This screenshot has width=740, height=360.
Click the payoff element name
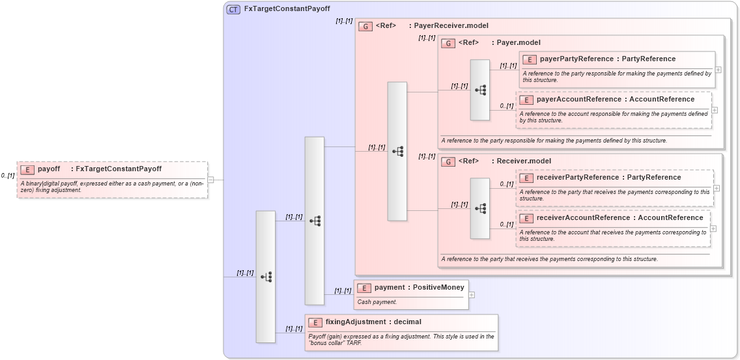49,169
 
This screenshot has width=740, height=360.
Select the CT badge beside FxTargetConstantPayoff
233,9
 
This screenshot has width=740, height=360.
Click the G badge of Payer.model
448,43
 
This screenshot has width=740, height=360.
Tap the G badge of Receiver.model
448,161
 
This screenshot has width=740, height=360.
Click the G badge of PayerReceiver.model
365,26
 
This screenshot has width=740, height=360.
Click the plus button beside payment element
472,295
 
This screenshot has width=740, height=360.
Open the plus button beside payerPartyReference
718,70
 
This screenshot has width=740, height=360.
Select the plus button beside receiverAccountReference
713,228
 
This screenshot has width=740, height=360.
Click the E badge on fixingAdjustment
315,322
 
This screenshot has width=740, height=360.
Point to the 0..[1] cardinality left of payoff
8,176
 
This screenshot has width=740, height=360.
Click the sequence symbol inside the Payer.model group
481,90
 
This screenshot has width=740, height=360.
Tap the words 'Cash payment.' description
377,302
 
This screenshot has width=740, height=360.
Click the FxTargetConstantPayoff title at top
287,9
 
